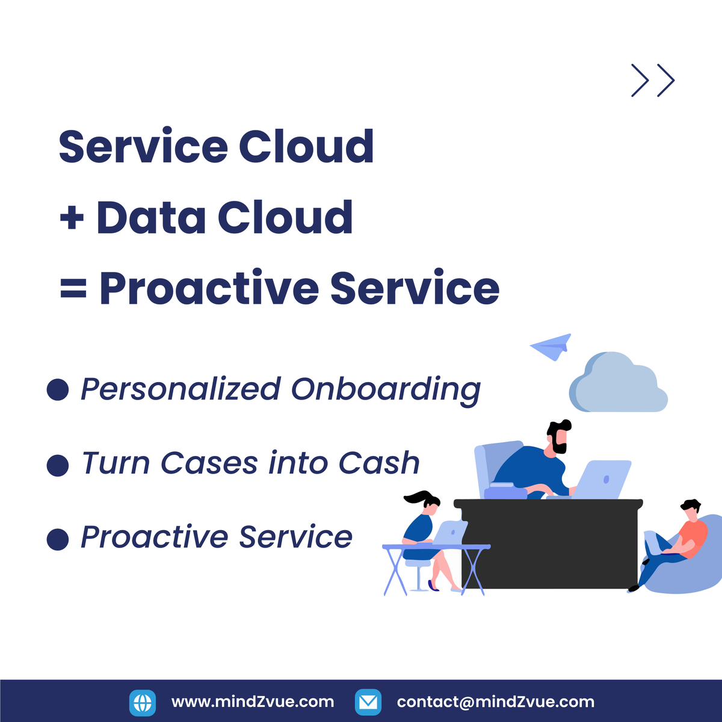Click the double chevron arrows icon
pos(653,80)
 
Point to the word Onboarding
pos(386,390)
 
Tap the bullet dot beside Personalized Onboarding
pos(58,389)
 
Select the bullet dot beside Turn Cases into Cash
pos(58,465)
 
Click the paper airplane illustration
pos(552,347)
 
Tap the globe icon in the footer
pos(143,702)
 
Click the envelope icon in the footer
pos(368,702)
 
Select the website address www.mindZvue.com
pos(253,702)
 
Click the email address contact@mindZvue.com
pos(495,702)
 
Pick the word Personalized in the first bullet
pos(180,390)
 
